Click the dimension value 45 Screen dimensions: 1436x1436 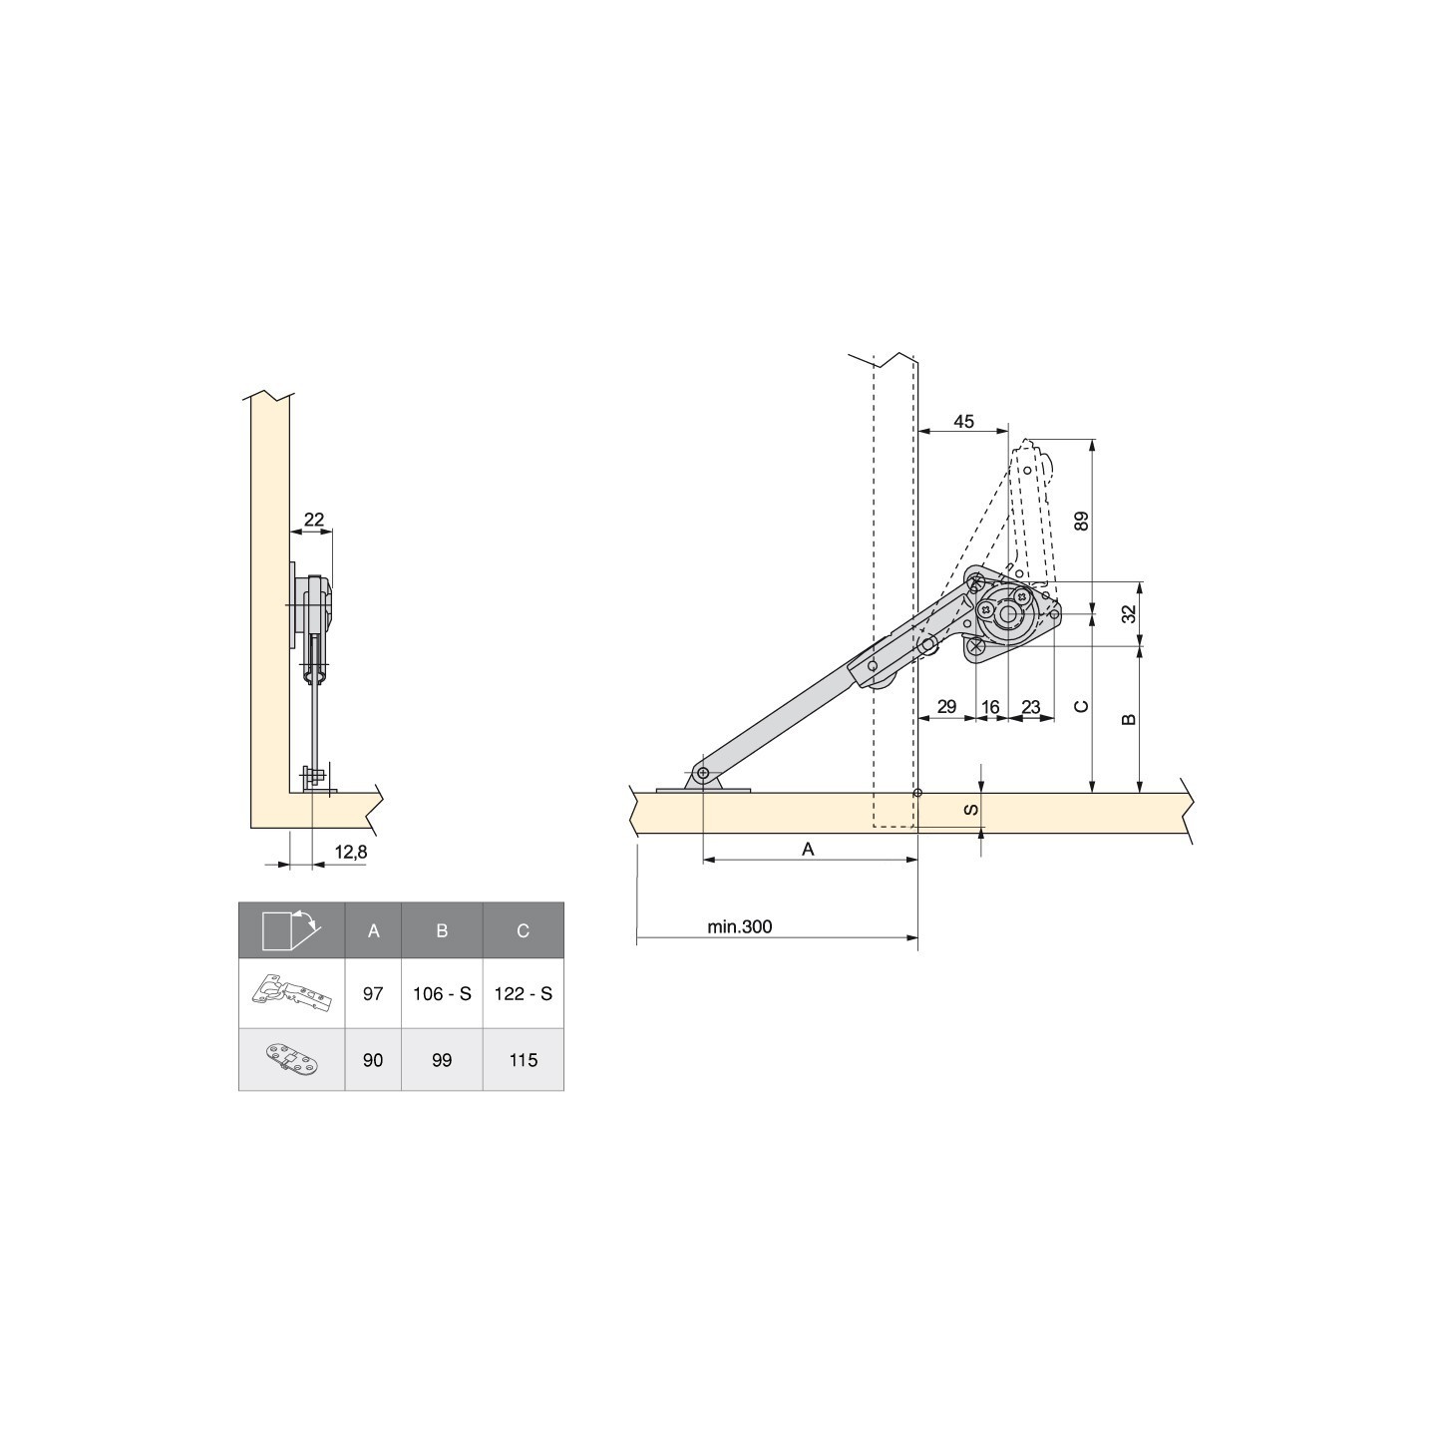(x=962, y=422)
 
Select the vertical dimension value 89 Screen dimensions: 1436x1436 (x=1082, y=521)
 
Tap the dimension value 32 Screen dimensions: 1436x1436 (x=1129, y=613)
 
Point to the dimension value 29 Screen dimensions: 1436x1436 (x=946, y=707)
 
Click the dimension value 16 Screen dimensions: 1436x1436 (x=990, y=707)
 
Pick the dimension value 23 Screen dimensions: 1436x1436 (x=1031, y=707)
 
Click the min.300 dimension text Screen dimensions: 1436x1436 (x=740, y=926)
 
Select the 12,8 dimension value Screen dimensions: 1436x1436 (x=351, y=852)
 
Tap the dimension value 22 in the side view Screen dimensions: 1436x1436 (x=314, y=519)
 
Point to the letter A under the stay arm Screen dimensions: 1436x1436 (x=809, y=849)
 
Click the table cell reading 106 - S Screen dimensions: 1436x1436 (x=442, y=994)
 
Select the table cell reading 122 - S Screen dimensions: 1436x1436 (x=524, y=994)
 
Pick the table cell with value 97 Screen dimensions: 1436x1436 (x=373, y=994)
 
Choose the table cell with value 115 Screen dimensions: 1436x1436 (x=524, y=1060)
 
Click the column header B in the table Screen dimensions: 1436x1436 (x=442, y=930)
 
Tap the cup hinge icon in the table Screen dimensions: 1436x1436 (x=291, y=993)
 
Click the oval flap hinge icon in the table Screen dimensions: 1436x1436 (x=291, y=1059)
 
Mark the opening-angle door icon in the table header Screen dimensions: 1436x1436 (x=290, y=929)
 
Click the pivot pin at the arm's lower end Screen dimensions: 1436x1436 (x=703, y=774)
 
